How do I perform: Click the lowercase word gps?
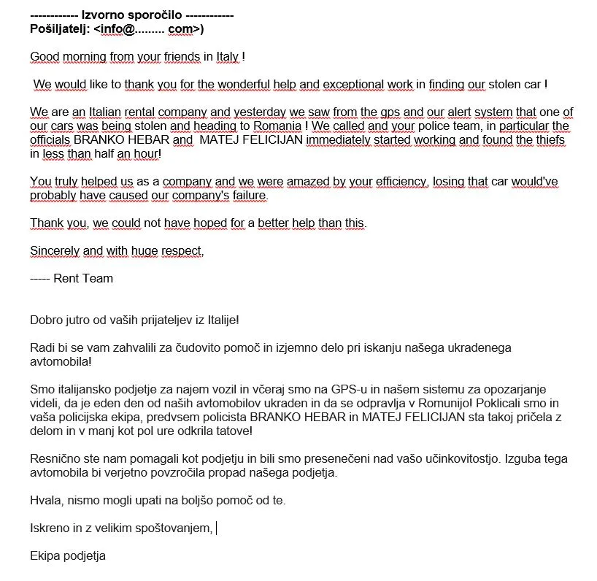[x=369, y=112]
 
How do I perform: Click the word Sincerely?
[x=55, y=250]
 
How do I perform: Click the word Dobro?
[x=45, y=320]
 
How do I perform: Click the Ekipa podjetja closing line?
[x=68, y=555]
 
